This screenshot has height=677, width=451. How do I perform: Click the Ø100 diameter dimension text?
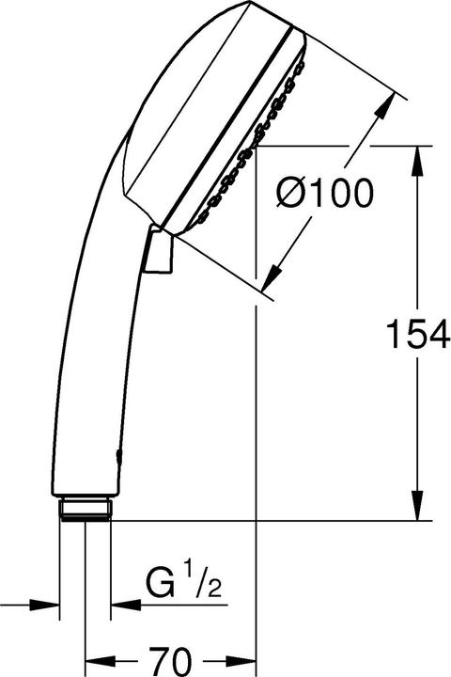pyautogui.click(x=325, y=194)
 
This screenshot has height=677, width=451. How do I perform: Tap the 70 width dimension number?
pyautogui.click(x=169, y=656)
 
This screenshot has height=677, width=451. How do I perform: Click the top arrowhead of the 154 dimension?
pyautogui.click(x=418, y=157)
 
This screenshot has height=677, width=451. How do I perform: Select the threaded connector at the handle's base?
pyautogui.click(x=86, y=510)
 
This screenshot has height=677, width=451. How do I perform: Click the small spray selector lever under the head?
pyautogui.click(x=159, y=252)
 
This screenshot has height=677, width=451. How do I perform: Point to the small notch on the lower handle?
pyautogui.click(x=117, y=455)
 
